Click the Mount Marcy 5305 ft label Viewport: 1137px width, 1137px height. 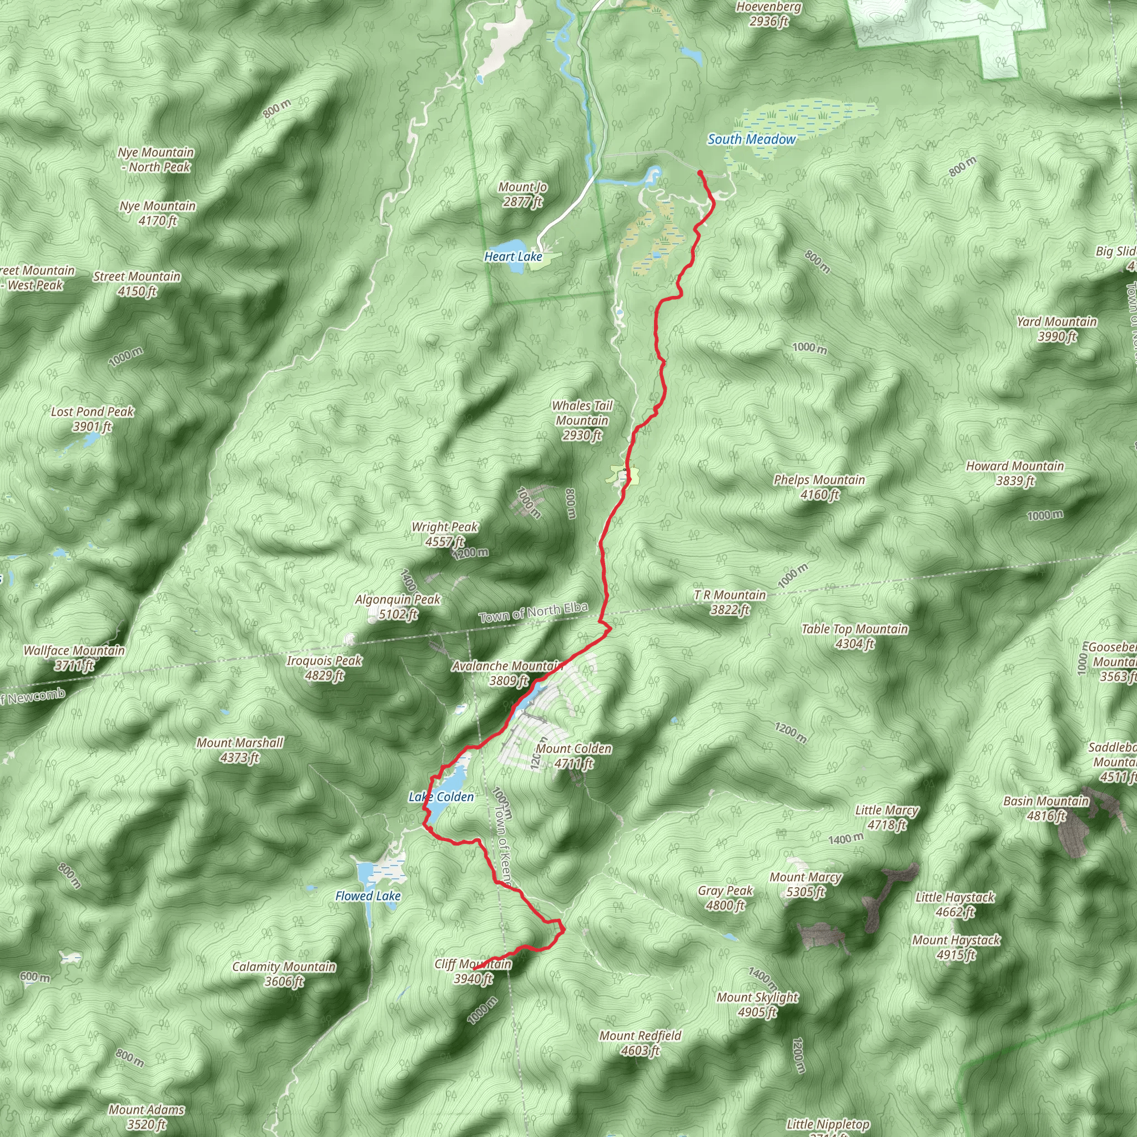(805, 884)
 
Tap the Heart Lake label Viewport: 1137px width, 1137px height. (512, 256)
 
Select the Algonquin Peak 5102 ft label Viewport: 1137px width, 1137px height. (398, 607)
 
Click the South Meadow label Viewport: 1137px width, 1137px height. (751, 139)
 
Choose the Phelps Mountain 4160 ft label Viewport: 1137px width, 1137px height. (819, 487)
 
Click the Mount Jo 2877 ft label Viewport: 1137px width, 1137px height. (522, 194)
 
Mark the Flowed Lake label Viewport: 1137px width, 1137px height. (368, 895)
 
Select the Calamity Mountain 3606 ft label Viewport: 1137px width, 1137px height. (284, 974)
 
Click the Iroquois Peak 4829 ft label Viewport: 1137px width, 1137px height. (324, 668)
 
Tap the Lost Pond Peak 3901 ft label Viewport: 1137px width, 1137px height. (92, 419)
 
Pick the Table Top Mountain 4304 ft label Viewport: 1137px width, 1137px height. (854, 636)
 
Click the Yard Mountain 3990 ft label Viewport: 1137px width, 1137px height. (1057, 329)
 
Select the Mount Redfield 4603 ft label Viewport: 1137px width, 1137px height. (640, 1043)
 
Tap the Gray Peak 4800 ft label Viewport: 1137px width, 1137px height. (726, 898)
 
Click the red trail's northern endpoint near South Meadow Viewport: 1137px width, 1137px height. (700, 173)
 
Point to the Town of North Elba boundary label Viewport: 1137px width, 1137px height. (533, 613)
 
